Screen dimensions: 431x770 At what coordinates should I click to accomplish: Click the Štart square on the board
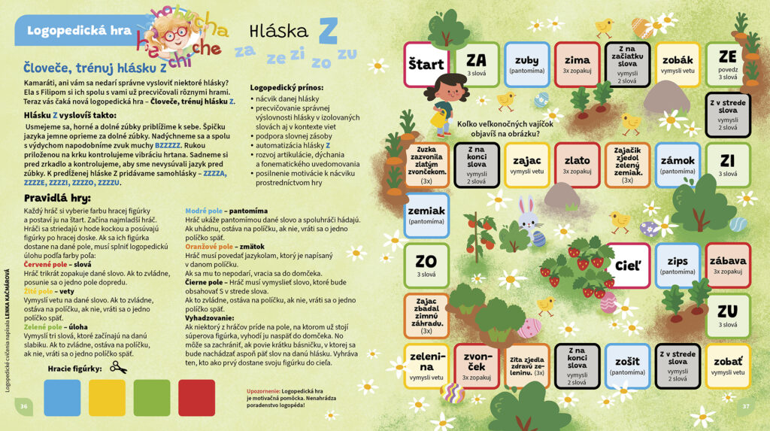point(426,64)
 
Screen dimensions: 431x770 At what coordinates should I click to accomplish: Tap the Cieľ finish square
point(627,265)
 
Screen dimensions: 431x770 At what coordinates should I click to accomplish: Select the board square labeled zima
point(577,64)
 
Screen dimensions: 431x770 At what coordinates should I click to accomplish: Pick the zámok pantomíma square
point(678,165)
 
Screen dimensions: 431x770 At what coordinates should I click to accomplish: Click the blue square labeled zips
point(678,265)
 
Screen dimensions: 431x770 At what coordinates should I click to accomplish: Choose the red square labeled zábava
point(728,265)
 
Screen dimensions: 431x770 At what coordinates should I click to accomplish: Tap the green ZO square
point(426,265)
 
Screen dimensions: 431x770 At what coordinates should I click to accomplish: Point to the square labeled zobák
point(678,64)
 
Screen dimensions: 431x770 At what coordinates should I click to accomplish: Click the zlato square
point(577,165)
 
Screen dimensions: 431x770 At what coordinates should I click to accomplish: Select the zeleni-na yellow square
point(426,366)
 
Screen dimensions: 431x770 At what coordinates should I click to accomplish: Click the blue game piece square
point(62,398)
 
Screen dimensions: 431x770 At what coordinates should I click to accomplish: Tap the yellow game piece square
point(108,398)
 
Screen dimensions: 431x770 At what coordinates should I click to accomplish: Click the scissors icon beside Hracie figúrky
point(118,367)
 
